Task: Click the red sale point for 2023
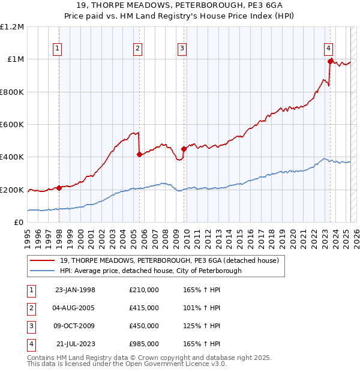[x=330, y=61]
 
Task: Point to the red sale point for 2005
[x=139, y=154]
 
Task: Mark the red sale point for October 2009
[x=184, y=149]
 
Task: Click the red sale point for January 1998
[x=59, y=188]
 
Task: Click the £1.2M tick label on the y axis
[x=12, y=27]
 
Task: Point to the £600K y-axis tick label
[x=12, y=124]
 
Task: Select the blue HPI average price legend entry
[x=150, y=271]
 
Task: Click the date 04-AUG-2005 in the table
[x=75, y=308]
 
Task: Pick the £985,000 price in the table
[x=143, y=344]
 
